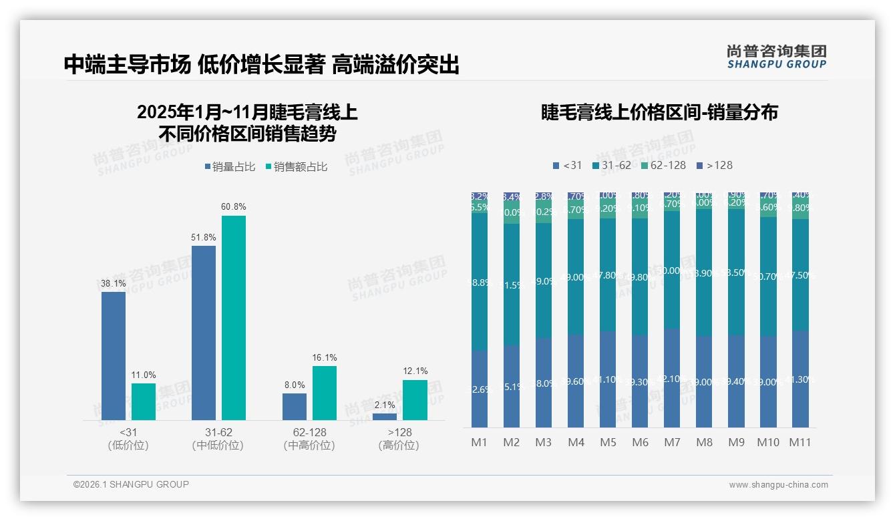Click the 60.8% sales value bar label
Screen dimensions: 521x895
(x=234, y=206)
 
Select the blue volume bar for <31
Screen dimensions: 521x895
(x=114, y=355)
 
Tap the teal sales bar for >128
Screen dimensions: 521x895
(x=415, y=399)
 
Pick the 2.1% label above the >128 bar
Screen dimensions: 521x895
(x=385, y=405)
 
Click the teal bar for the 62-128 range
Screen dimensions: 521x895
(x=325, y=393)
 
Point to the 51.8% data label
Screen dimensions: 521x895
(x=204, y=237)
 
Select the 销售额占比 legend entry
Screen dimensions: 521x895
(x=297, y=167)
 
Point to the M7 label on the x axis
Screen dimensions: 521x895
(x=672, y=442)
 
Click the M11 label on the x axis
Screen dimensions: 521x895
(x=800, y=442)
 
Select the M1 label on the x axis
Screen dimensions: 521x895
(x=480, y=442)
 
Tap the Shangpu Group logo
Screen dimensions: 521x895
(x=776, y=57)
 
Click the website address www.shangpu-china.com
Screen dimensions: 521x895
(x=778, y=485)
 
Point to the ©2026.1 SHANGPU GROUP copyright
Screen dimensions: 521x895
(x=131, y=484)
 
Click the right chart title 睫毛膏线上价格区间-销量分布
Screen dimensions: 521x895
(x=659, y=112)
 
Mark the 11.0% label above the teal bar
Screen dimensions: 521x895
(x=144, y=375)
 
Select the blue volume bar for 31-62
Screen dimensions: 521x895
(x=204, y=333)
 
